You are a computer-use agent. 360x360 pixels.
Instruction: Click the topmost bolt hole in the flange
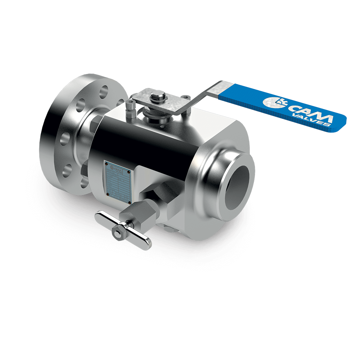[x=105, y=88]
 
